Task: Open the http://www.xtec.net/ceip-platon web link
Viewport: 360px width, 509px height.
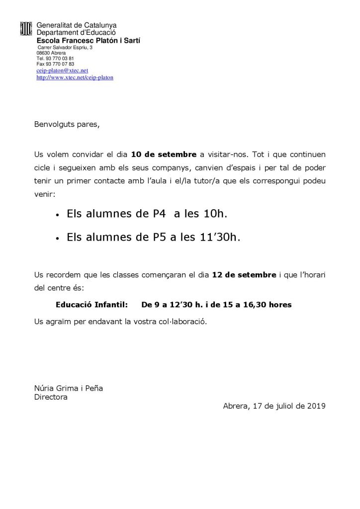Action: tap(75, 78)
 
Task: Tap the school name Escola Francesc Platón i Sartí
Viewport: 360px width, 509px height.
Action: tap(89, 41)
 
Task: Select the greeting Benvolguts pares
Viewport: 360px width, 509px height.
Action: tap(67, 125)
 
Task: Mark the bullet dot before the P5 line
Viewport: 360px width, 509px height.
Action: tap(58, 239)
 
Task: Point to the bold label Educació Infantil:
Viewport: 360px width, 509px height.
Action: tap(91, 304)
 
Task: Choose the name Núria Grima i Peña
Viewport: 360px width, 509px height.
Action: tap(68, 388)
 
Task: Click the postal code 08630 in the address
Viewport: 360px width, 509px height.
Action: tap(43, 53)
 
